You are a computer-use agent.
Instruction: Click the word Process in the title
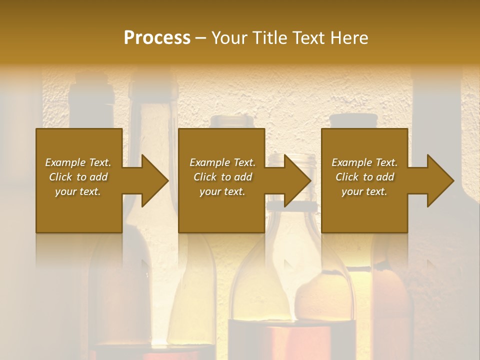point(157,38)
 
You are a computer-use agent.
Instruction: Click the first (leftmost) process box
point(79,210)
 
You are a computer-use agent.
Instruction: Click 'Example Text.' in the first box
point(78,162)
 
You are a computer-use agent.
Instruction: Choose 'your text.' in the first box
point(78,191)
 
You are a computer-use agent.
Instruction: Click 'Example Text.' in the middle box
point(222,162)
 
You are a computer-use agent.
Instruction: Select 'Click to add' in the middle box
point(222,177)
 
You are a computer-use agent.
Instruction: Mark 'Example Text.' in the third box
point(364,162)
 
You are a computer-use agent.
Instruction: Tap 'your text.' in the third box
point(364,191)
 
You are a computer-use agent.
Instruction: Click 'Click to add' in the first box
point(78,177)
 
